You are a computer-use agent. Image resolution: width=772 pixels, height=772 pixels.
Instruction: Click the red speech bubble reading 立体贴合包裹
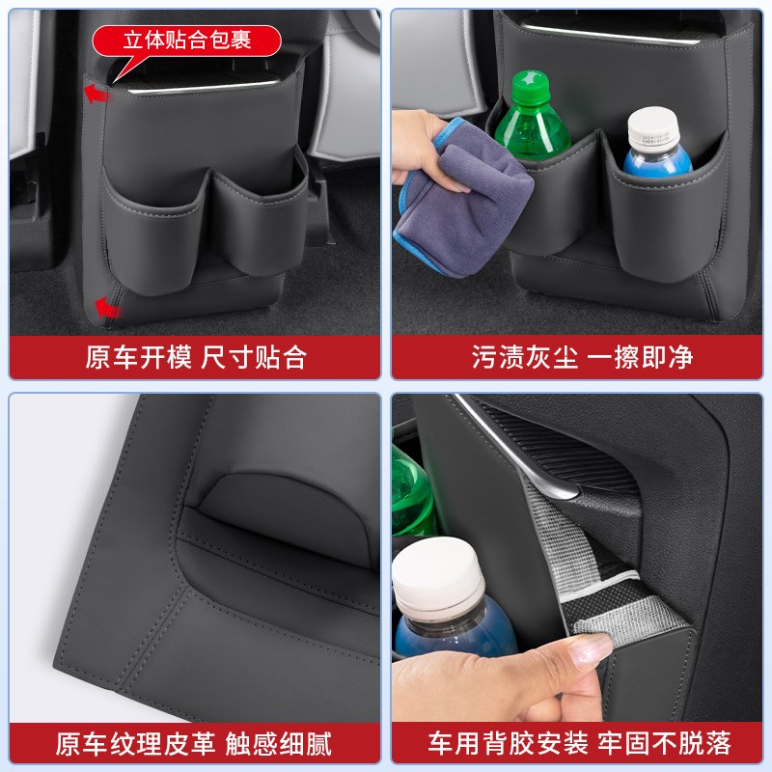click(x=187, y=41)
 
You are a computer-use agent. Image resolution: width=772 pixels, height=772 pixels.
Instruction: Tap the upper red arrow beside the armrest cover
click(x=94, y=94)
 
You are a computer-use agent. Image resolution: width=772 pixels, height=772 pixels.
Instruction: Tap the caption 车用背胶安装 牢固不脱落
click(x=580, y=744)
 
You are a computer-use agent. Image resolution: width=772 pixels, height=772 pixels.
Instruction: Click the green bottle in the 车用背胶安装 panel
click(x=409, y=492)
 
